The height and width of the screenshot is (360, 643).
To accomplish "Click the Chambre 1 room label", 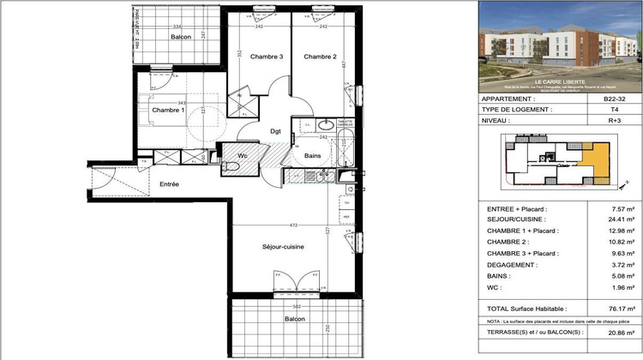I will tap(168, 111).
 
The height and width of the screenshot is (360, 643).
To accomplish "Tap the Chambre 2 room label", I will tap(319, 57).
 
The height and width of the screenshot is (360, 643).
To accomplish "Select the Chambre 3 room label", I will tap(267, 57).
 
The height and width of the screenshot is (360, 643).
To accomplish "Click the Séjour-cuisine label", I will tap(284, 247).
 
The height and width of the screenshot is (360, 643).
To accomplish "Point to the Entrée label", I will tap(169, 184).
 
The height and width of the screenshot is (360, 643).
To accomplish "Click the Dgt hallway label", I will tap(276, 131).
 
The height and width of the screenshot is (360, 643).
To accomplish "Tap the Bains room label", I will tap(313, 155).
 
